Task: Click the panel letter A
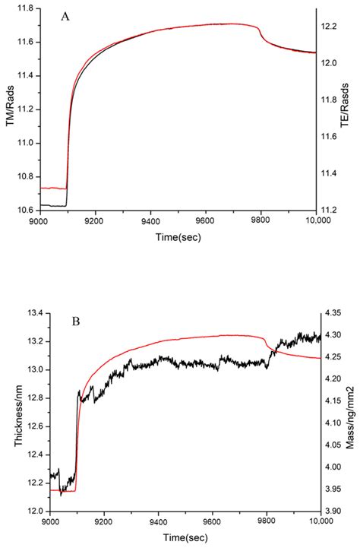(x=65, y=17)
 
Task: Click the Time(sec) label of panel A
(x=183, y=237)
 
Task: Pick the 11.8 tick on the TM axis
(x=33, y=10)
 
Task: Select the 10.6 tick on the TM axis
(x=33, y=209)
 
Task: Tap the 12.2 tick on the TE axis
(x=330, y=27)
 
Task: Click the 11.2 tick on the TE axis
(x=330, y=209)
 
